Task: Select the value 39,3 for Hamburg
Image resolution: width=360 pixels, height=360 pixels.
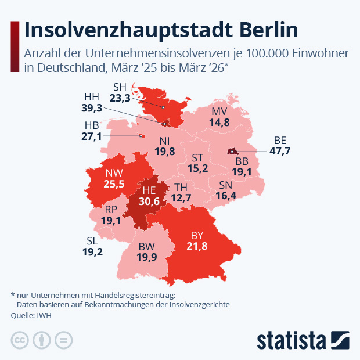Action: (92, 107)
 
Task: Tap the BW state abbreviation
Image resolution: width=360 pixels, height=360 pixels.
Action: (146, 247)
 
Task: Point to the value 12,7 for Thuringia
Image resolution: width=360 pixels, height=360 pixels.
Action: (180, 198)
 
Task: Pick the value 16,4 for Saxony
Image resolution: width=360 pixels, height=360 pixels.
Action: (226, 196)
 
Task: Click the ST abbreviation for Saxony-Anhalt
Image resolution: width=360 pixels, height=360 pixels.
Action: (197, 158)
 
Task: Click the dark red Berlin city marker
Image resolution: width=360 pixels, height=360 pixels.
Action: (232, 152)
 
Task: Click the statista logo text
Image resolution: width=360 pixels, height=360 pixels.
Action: (291, 339)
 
